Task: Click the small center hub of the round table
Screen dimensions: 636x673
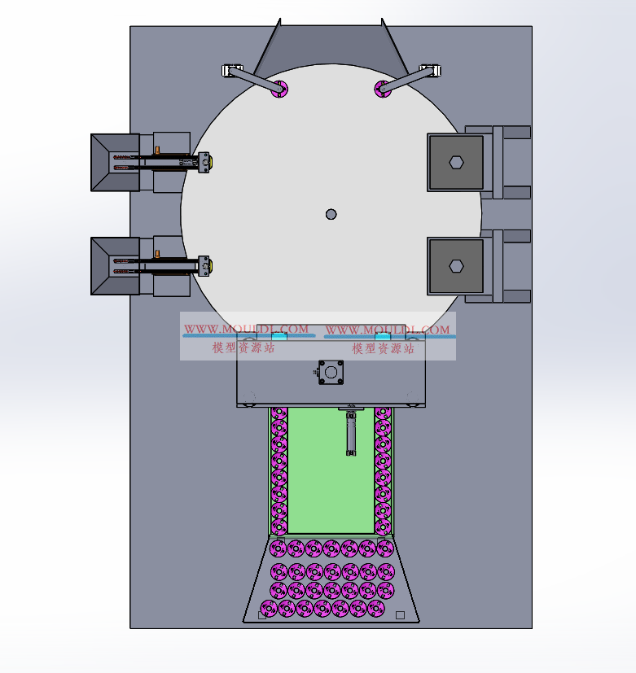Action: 331,214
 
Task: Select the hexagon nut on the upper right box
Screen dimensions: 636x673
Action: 456,163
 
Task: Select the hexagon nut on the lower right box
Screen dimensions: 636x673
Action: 456,266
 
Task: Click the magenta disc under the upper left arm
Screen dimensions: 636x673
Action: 279,89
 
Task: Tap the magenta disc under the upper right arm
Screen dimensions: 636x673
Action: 383,89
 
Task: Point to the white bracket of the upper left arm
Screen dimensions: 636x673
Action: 232,70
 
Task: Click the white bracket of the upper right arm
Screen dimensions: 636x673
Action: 431,70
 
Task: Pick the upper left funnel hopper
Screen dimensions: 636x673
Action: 115,162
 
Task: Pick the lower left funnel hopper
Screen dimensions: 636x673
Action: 115,266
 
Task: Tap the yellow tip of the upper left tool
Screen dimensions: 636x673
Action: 210,163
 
